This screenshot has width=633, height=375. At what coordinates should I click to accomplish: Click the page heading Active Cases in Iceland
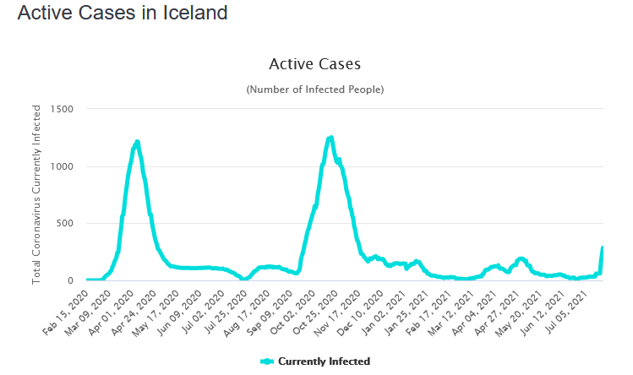(122, 14)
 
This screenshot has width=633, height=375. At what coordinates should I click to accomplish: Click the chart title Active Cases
(314, 64)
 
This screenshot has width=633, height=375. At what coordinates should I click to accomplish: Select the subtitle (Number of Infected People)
(314, 89)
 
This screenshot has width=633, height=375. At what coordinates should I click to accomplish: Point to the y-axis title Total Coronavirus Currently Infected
(36, 193)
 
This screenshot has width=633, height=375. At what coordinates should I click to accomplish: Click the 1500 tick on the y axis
(62, 110)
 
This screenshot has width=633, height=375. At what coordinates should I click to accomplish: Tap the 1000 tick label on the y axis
(62, 166)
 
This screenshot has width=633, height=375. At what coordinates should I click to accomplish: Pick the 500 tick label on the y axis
(65, 224)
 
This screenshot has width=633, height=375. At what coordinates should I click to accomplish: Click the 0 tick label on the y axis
(71, 280)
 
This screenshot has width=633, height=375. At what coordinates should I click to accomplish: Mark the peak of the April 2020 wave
(136, 142)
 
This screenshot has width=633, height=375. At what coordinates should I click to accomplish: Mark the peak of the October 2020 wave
(330, 138)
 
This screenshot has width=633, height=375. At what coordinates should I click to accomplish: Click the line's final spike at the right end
(603, 248)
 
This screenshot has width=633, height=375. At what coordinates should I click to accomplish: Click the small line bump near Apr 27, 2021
(521, 259)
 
